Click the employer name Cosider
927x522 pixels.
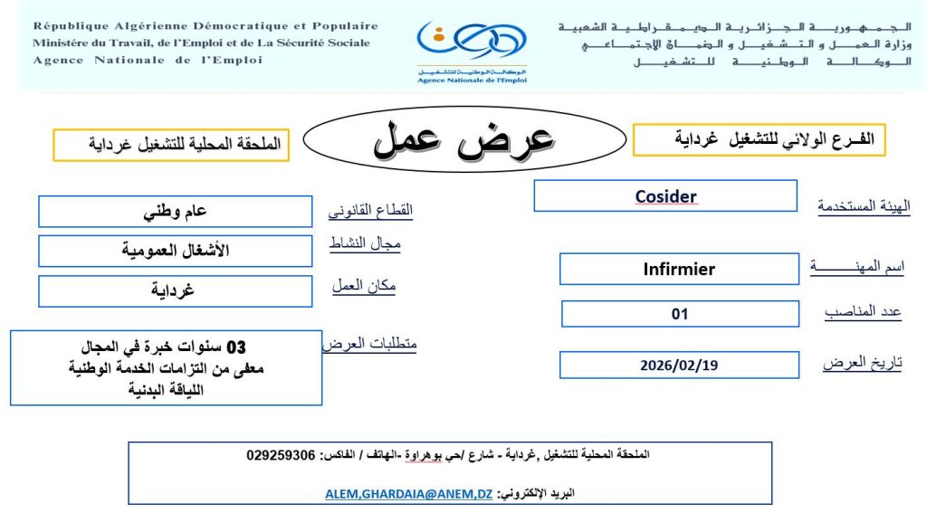[665, 196]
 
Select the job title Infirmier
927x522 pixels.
[679, 269]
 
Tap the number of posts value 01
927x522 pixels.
[680, 314]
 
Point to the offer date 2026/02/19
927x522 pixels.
[679, 365]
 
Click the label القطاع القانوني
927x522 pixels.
[370, 211]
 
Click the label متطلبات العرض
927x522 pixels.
[369, 344]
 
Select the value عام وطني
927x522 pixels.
[176, 212]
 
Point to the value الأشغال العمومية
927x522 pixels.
[176, 251]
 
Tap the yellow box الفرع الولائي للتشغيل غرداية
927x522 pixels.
[759, 140]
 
